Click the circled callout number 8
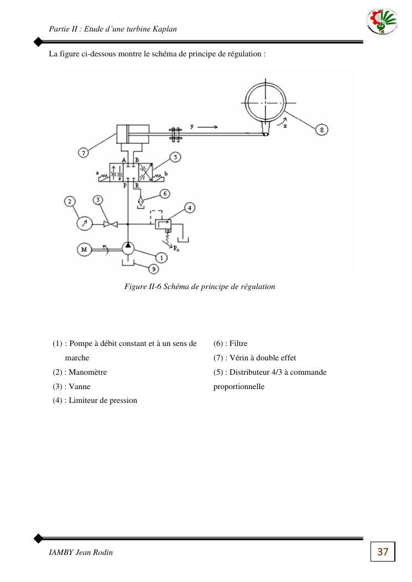[x=322, y=129]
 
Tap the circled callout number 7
[x=83, y=152]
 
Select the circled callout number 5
[x=175, y=157]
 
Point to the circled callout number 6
[x=165, y=193]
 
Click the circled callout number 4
[x=190, y=208]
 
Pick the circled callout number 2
[x=70, y=202]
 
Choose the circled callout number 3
[x=98, y=201]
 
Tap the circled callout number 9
[x=153, y=269]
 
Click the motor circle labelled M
[x=84, y=249]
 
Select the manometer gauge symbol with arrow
[x=84, y=223]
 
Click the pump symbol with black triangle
[x=128, y=248]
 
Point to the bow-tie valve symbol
[x=111, y=224]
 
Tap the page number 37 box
[x=383, y=552]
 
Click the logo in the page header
[x=382, y=22]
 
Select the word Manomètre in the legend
[x=88, y=372]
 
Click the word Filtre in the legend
[x=238, y=343]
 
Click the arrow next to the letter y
[x=207, y=127]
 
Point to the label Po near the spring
[x=176, y=249]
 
